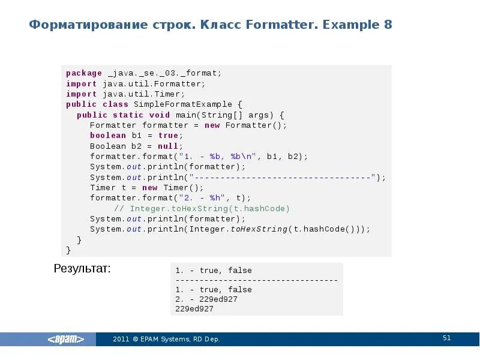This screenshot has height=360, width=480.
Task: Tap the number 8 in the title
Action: coord(388,25)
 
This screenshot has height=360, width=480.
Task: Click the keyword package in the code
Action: coord(84,73)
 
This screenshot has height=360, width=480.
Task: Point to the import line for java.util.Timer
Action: coord(125,94)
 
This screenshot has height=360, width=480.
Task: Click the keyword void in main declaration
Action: coord(160,115)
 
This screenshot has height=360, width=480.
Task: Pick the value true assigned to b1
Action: coord(167,136)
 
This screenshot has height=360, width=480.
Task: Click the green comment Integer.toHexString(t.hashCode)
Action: coord(202,208)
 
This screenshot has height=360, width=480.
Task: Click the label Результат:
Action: coord(82,269)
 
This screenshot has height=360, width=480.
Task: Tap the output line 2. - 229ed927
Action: coord(206,299)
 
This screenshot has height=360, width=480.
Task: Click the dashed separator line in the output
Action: coord(256,280)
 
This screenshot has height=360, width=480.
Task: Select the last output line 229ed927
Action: coord(194,308)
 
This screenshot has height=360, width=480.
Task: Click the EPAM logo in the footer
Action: coord(66,339)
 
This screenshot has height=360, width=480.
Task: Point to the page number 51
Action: coord(446,338)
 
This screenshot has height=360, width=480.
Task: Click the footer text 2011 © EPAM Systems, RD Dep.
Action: coord(166,339)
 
